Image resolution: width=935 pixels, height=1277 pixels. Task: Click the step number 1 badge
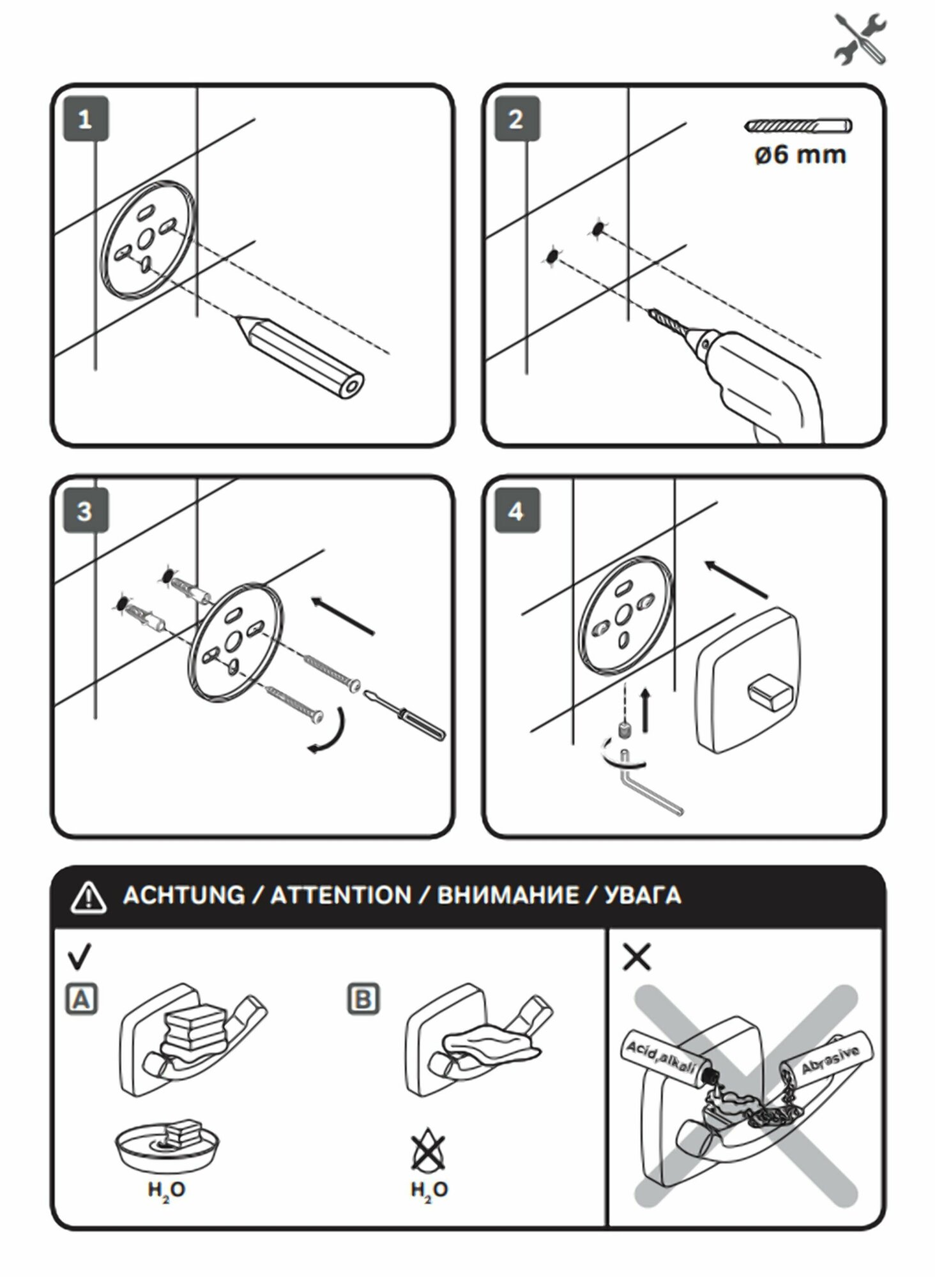click(x=86, y=120)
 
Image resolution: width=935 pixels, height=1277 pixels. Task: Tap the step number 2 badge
click(x=517, y=120)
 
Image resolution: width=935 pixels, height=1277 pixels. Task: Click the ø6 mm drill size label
click(x=800, y=155)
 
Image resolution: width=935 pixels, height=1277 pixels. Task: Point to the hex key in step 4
click(x=651, y=792)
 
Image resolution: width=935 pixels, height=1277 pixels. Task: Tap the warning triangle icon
click(x=89, y=897)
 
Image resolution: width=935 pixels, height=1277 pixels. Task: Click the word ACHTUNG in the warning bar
click(x=184, y=896)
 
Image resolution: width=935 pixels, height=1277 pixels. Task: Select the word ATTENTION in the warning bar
click(x=341, y=896)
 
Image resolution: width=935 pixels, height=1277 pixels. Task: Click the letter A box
click(x=82, y=999)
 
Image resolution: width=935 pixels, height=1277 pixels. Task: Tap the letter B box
click(x=363, y=999)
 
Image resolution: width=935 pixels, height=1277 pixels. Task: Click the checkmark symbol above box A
click(x=79, y=956)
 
